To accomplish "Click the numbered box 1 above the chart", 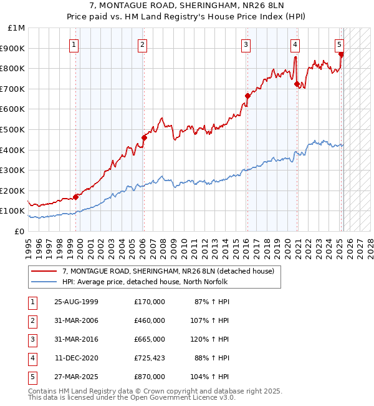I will point(74,44).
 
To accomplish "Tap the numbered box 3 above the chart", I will point(246,44).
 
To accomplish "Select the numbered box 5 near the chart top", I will point(339,44).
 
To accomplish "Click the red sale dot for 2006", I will point(144,137).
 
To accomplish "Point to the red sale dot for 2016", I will point(247,96).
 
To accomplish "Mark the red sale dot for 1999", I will point(76,197).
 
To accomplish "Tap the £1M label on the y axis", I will point(17,27).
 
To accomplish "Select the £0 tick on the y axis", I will point(19,231).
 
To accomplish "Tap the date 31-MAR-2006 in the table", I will point(76,320).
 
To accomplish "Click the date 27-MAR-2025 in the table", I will point(76,377).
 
